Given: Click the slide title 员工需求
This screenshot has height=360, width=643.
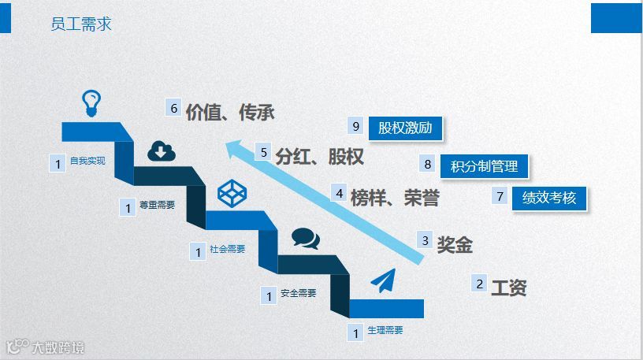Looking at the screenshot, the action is tap(80, 24).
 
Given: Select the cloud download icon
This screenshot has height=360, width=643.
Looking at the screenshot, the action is tap(162, 150).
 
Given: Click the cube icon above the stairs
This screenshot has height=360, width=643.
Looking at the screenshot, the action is tap(233, 192).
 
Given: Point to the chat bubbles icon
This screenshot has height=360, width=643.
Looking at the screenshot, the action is tap(306, 238).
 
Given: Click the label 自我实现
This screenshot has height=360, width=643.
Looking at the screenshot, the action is tap(87, 161).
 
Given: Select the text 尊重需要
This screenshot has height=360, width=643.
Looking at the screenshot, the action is tap(157, 206).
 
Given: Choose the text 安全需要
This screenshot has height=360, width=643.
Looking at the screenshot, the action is tap(298, 294).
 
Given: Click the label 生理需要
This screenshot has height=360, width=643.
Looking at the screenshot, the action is tap(385, 331).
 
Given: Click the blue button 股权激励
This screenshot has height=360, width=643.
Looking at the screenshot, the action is tap(405, 127).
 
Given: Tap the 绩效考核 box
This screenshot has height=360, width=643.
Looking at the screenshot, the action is tap(549, 198).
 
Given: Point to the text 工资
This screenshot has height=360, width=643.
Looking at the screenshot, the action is tap(508, 288).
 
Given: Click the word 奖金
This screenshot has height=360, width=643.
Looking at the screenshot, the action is tap(455, 245).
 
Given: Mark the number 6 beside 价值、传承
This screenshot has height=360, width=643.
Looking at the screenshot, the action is tap(174, 108).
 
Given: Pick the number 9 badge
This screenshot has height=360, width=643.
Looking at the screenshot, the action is tap(356, 126).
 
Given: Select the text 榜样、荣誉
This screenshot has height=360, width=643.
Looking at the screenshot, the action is tap(395, 198).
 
